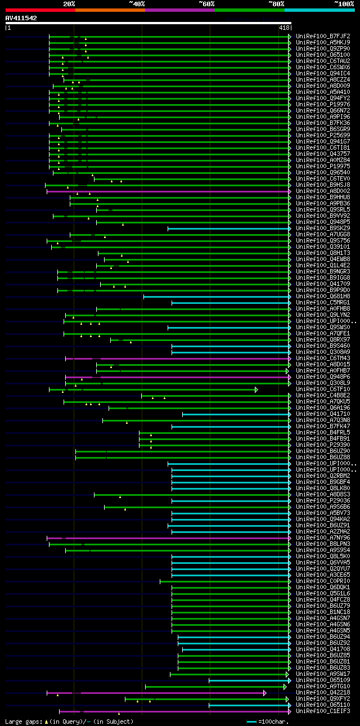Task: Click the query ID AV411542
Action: tap(21, 18)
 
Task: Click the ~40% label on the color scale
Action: tap(137, 3)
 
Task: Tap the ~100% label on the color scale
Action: tap(343, 3)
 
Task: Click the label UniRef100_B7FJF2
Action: tap(323, 37)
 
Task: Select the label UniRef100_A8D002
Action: tap(323, 191)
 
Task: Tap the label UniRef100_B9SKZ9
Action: tap(323, 228)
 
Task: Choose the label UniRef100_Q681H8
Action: tap(323, 297)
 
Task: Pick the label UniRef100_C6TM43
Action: tap(323, 358)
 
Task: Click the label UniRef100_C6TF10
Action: tap(323, 389)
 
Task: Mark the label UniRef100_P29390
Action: tap(323, 445)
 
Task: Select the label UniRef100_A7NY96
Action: tap(323, 538)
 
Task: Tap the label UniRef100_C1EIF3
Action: tap(323, 711)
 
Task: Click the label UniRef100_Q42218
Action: tap(323, 693)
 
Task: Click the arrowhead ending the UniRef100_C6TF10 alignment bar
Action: tap(256, 389)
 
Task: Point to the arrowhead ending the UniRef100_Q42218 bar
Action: tap(265, 693)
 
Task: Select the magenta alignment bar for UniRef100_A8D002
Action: tap(169, 191)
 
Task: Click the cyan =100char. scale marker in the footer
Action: tap(251, 721)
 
